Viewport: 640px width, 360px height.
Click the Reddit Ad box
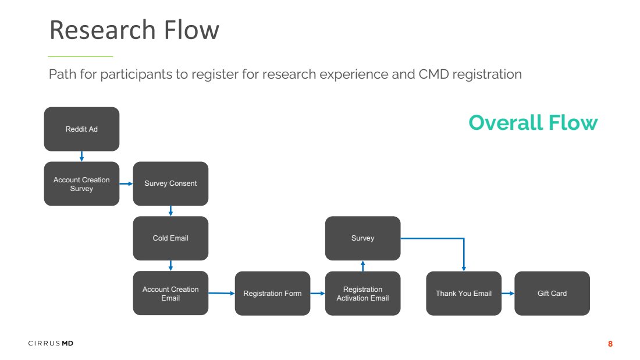[x=81, y=129]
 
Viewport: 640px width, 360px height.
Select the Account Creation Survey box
[x=81, y=184]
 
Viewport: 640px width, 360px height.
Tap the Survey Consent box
[x=170, y=184]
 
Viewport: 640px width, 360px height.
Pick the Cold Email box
[x=170, y=238]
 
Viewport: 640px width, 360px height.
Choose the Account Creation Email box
[x=170, y=294]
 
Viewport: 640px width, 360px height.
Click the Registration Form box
[x=273, y=294]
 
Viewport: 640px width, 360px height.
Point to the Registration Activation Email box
[x=363, y=294]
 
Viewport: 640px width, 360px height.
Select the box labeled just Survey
[x=363, y=238]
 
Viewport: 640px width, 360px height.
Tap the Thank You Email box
[x=464, y=294]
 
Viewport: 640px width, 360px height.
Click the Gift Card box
[x=552, y=294]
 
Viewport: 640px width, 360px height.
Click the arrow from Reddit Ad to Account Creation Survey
[x=81, y=157]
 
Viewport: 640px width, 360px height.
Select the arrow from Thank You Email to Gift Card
[x=508, y=294]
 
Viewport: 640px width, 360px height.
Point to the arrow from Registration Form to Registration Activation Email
[x=318, y=294]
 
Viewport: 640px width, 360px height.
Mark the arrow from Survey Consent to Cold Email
[x=170, y=211]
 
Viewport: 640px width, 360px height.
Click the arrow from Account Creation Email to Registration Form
[x=222, y=294]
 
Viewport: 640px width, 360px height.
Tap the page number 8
[x=610, y=344]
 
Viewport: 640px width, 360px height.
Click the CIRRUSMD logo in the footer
[x=51, y=343]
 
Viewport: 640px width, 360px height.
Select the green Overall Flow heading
[x=533, y=122]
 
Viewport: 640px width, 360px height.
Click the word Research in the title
[x=102, y=30]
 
